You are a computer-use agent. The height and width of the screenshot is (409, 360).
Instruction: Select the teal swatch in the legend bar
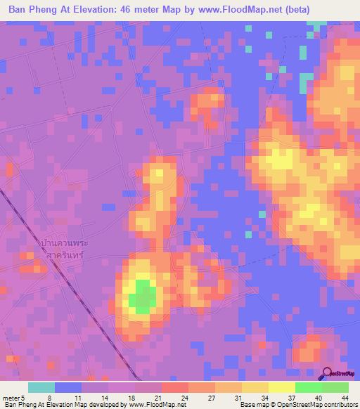pos(41,387)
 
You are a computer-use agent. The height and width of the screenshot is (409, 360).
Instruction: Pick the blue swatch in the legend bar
pos(68,387)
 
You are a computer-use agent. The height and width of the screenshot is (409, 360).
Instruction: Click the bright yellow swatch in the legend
pos(281,387)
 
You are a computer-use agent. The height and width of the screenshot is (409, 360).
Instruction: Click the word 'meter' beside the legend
pos(11,398)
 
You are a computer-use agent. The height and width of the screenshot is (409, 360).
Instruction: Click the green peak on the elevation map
pos(143,297)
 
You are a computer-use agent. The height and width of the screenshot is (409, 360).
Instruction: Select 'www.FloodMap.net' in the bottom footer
pos(151,405)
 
